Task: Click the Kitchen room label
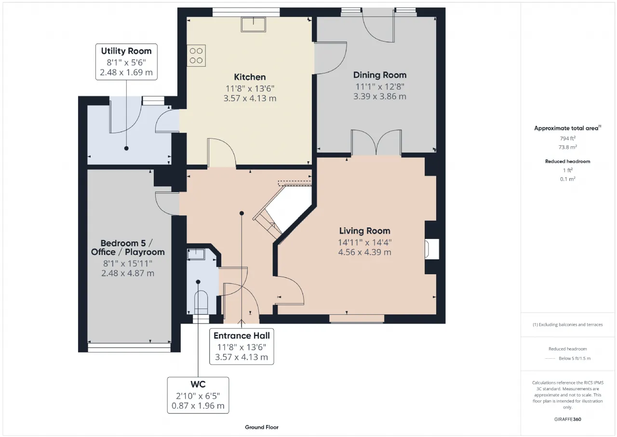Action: (x=250, y=77)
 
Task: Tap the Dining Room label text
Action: (x=380, y=75)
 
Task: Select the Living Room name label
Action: (x=365, y=231)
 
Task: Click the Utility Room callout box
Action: (x=126, y=62)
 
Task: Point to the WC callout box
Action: (x=198, y=395)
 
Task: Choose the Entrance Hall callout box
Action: (x=241, y=347)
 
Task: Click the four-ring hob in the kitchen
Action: (x=196, y=56)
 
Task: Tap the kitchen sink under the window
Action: (x=254, y=24)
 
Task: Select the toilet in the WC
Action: (x=201, y=302)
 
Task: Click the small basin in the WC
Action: (x=196, y=254)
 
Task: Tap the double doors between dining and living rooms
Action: (x=376, y=142)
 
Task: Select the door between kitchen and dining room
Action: (x=330, y=58)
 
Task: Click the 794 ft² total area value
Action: (x=567, y=138)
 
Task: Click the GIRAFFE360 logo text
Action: (x=567, y=419)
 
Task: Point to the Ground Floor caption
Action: (x=262, y=427)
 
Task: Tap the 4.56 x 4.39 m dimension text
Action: (x=365, y=252)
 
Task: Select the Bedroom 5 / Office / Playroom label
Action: (x=128, y=247)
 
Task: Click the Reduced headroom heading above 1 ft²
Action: (x=567, y=161)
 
